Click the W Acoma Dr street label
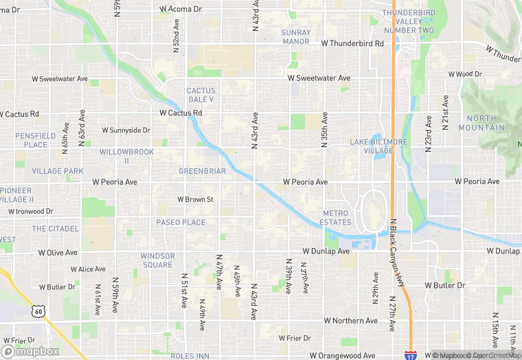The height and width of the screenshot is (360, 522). tap(181, 9)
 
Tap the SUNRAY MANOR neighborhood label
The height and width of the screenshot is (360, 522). tap(296, 37)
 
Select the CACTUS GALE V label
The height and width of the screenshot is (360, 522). tap(201, 95)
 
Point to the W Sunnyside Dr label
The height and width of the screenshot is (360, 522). tap(126, 130)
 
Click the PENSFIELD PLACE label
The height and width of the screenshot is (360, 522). tap(36, 140)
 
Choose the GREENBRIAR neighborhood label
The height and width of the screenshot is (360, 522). tap(202, 171)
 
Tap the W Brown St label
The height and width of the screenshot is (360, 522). tap(196, 199)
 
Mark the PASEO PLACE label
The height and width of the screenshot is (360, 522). tap(181, 223)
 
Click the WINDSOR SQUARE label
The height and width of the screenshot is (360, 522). tap(157, 260)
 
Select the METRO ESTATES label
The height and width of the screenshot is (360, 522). tap(336, 218)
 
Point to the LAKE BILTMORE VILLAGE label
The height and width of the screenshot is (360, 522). tap(378, 146)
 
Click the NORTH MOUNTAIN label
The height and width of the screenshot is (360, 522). tap(486, 123)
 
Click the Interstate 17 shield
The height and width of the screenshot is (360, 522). tap(409, 356)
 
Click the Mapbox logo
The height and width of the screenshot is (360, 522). tap(30, 350)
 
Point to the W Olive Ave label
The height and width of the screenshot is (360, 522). tap(58, 253)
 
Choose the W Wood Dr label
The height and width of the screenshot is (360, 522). tap(465, 74)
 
